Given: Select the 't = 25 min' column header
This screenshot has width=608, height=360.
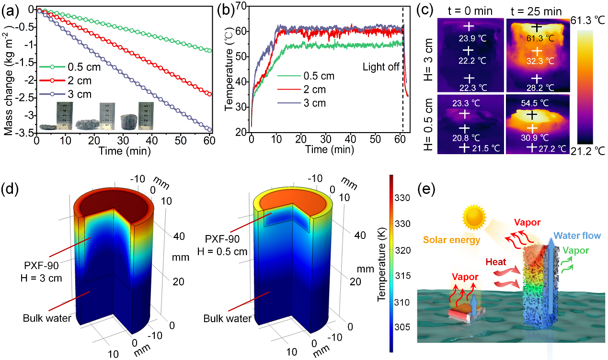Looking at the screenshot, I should click(537, 9).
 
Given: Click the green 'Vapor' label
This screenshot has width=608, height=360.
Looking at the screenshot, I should click(576, 249).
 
